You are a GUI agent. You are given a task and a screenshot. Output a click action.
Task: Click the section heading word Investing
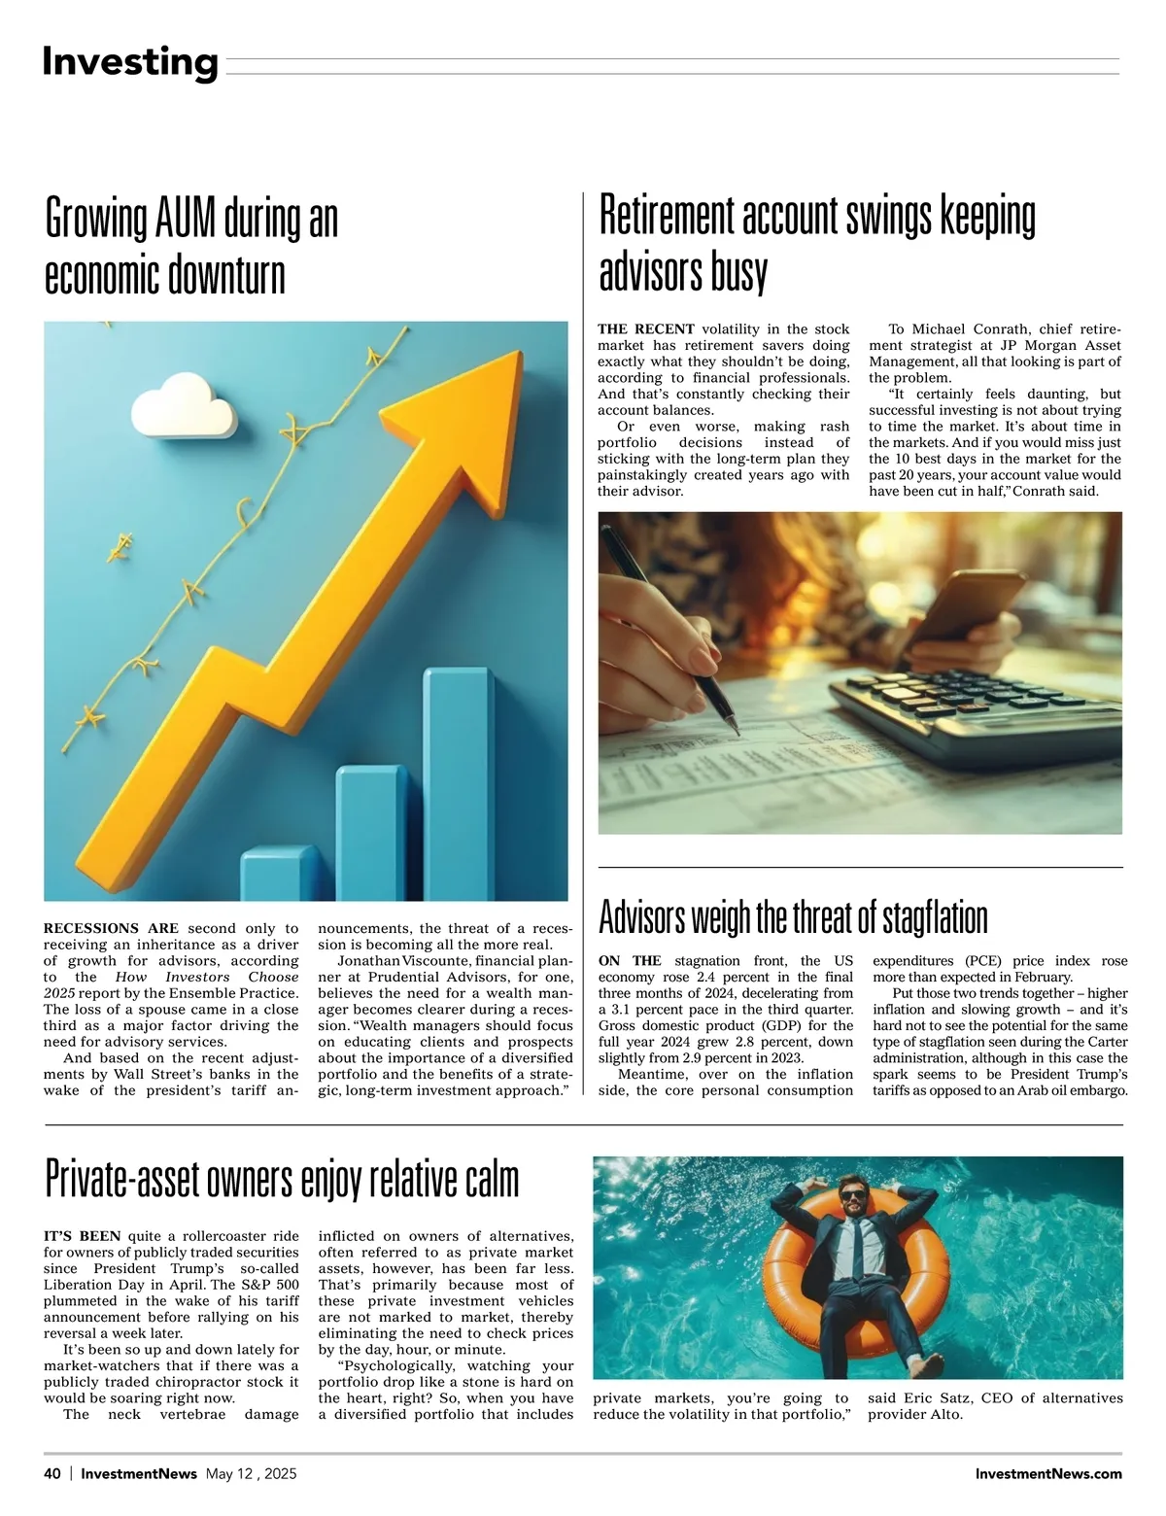pos(129,62)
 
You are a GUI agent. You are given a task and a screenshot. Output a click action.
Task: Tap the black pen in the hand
pos(670,632)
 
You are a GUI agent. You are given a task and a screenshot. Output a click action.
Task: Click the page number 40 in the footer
pos(52,1473)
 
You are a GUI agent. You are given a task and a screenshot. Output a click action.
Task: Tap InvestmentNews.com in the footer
pos(1048,1473)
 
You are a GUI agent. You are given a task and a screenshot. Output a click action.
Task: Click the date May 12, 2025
pos(251,1473)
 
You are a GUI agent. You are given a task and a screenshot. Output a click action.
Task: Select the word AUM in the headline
pos(186,219)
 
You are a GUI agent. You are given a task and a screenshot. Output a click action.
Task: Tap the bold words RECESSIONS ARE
pos(111,928)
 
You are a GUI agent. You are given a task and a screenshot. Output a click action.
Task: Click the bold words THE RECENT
pos(645,329)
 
